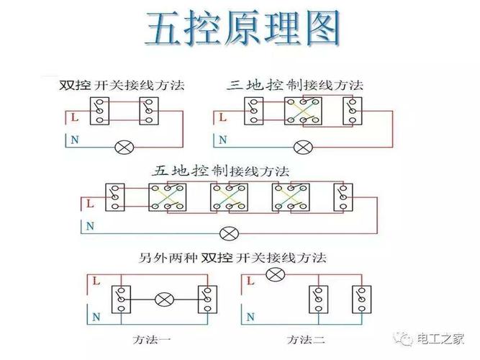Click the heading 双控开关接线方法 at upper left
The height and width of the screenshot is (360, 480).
122,85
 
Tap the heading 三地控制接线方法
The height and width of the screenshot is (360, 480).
295,85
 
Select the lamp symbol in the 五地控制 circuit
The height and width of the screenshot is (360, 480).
229,233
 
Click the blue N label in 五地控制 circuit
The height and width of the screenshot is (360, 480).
90,226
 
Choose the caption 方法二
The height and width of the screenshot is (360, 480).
301,338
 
